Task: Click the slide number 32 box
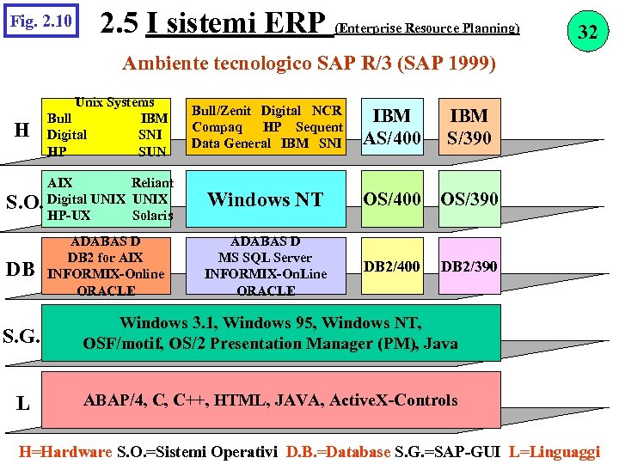(x=587, y=34)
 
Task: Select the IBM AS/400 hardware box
(x=392, y=126)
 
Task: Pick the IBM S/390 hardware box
(x=469, y=126)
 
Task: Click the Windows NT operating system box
(x=266, y=199)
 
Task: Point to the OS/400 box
(x=392, y=199)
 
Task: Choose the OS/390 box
(x=469, y=199)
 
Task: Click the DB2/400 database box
(x=392, y=266)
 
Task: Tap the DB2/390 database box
(x=469, y=266)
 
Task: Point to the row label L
(x=23, y=402)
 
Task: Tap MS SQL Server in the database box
(x=266, y=258)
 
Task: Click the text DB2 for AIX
(x=105, y=258)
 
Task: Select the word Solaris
(x=152, y=215)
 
